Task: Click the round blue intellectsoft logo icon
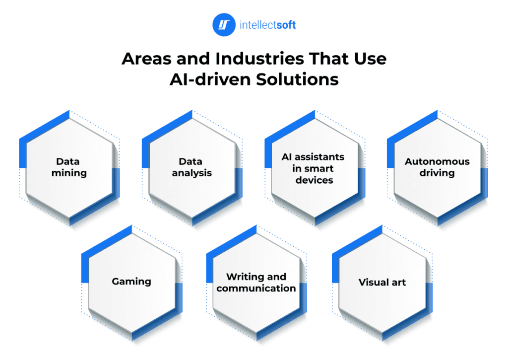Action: click(x=224, y=25)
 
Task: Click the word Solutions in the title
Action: click(x=298, y=79)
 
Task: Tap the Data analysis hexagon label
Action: click(x=191, y=167)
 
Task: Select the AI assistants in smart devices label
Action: click(x=313, y=168)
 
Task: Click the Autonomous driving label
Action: click(x=437, y=167)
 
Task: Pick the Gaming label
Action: click(x=131, y=282)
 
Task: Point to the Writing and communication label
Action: click(x=256, y=282)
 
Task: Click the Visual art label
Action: click(x=382, y=283)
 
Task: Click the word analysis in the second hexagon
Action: click(x=191, y=173)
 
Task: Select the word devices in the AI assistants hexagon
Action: click(x=314, y=180)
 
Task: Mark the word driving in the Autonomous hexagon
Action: click(x=437, y=173)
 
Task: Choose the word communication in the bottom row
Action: click(x=256, y=288)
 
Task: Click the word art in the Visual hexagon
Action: click(x=398, y=283)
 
